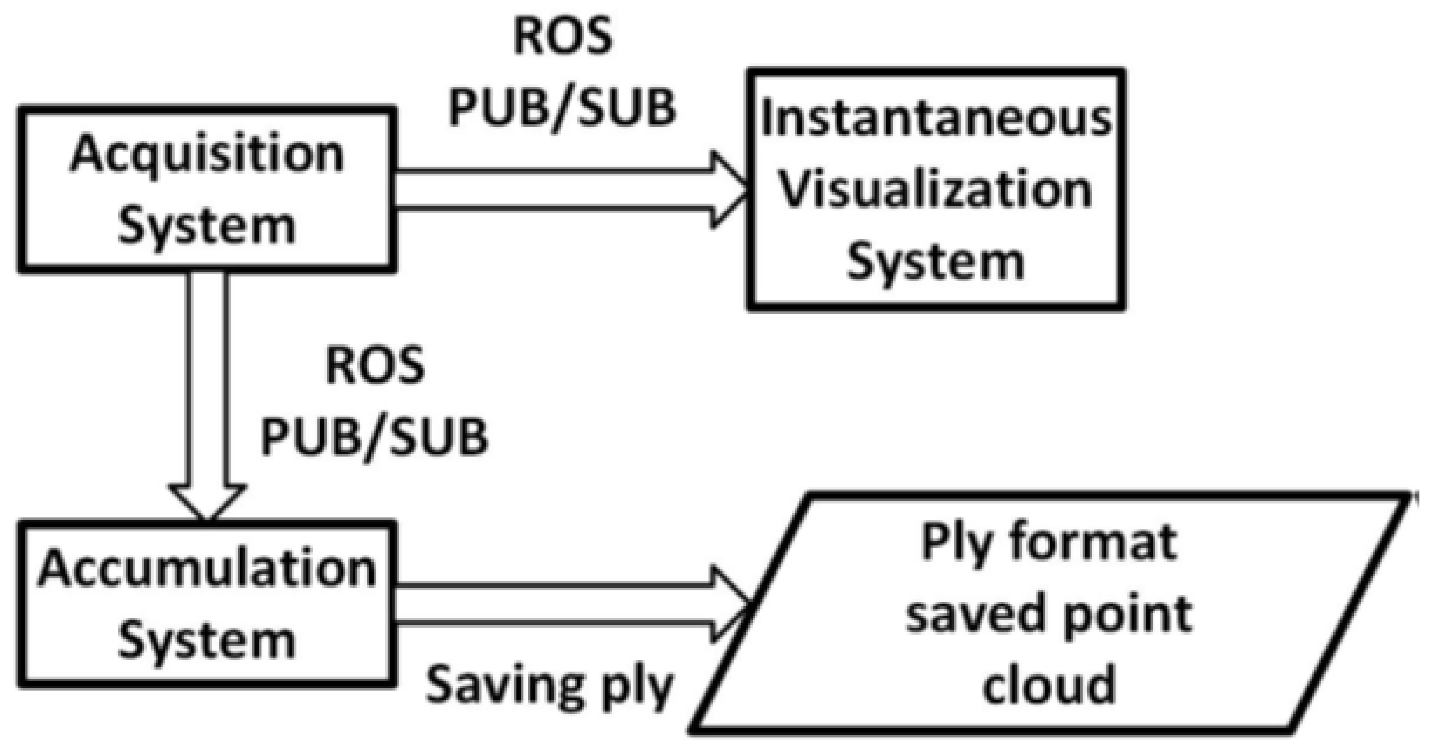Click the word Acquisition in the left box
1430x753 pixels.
[206, 154]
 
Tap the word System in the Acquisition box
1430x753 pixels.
[206, 226]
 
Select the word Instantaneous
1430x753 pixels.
[936, 117]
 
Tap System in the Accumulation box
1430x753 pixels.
[206, 640]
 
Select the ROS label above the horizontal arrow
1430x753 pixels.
[563, 36]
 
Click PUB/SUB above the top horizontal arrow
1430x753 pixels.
[563, 108]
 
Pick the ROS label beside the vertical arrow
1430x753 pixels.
[375, 365]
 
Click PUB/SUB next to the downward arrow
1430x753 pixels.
[375, 437]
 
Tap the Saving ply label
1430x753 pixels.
[550, 685]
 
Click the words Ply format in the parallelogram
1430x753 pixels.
[1049, 542]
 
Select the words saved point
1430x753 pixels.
[1049, 613]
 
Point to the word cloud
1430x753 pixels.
[1049, 684]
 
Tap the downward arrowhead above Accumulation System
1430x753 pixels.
[207, 502]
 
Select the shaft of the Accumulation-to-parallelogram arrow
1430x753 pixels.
[551, 603]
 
